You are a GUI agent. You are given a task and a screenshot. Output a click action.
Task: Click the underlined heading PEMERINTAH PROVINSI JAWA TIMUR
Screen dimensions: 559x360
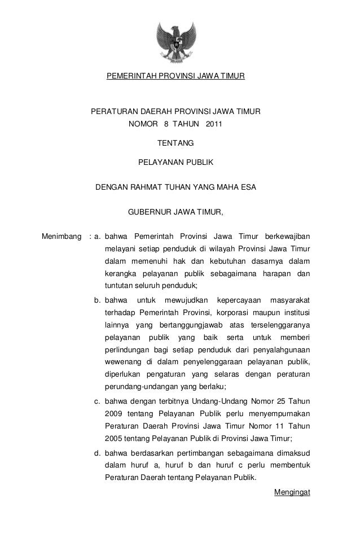pos(175,75)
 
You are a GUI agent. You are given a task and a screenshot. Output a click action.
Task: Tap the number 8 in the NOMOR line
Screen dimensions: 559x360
pos(166,123)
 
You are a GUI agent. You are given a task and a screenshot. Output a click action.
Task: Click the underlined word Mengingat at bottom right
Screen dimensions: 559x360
pos(292,492)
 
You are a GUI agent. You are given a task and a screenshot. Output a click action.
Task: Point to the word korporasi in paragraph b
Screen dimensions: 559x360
pos(248,312)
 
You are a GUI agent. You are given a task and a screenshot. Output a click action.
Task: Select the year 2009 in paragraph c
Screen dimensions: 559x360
pos(113,414)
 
